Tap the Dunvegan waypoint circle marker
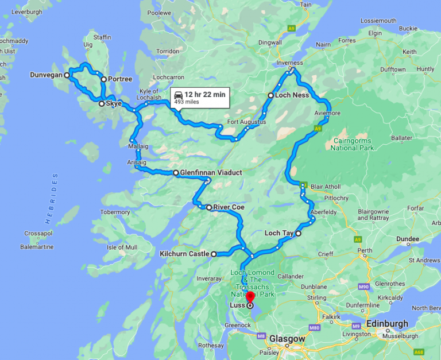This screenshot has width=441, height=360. [67, 75]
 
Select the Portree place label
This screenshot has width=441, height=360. [120, 79]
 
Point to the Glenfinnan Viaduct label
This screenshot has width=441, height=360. [211, 172]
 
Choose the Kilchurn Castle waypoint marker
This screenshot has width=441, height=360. [214, 254]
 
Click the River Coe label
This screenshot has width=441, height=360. [229, 207]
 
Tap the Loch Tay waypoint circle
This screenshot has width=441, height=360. [298, 234]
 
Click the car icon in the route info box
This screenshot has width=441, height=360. [179, 95]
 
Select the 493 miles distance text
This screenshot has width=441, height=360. [187, 102]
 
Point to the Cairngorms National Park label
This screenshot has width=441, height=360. [351, 144]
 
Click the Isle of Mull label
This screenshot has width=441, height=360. [121, 247]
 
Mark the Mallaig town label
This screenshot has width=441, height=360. [138, 146]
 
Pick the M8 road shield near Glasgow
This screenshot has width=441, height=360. [261, 336]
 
